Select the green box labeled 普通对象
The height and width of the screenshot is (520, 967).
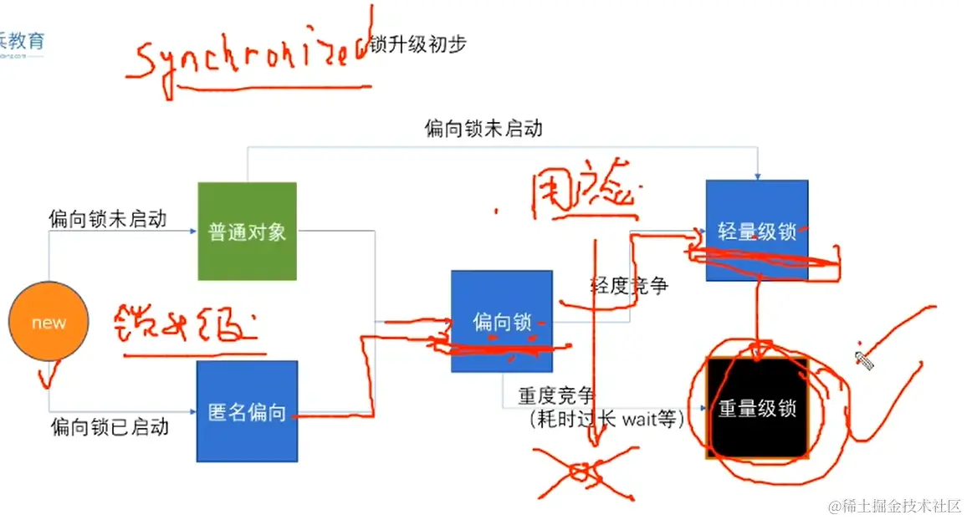tap(247, 232)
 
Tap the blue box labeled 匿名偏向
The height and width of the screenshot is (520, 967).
tap(247, 411)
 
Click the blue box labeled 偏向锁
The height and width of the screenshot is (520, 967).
tap(501, 321)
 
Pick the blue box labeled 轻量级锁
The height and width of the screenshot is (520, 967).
tap(757, 231)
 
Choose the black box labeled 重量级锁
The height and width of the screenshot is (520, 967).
tap(757, 409)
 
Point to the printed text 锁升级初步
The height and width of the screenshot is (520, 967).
tap(417, 44)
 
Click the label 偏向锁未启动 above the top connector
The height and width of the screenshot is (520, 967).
tap(483, 128)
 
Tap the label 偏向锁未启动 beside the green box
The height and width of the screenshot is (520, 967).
tap(107, 219)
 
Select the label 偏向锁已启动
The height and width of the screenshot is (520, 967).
tap(110, 427)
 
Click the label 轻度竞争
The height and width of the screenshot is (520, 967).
tap(629, 286)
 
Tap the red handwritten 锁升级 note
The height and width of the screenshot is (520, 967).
tap(184, 329)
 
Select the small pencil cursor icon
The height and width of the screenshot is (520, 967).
tap(864, 360)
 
